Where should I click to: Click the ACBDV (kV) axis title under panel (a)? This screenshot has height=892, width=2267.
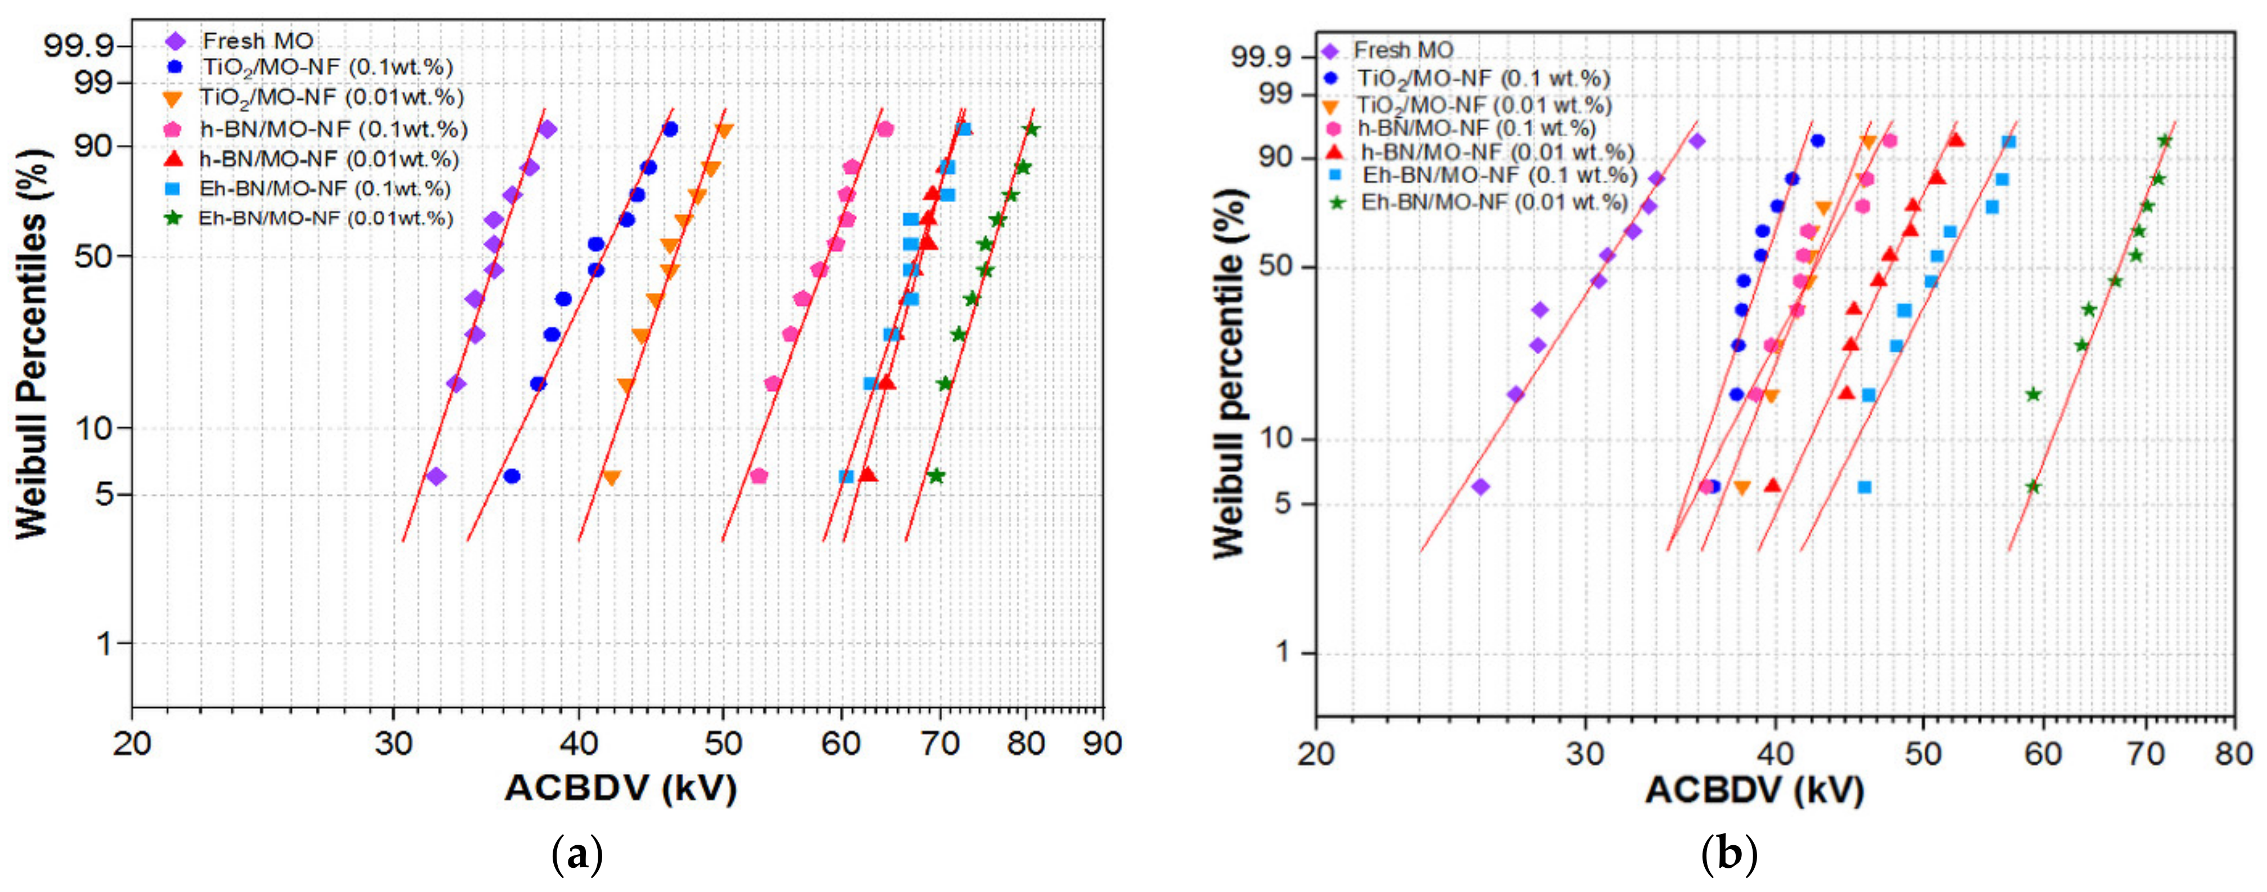click(x=620, y=788)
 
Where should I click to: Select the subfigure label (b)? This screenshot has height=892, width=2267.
click(x=1730, y=854)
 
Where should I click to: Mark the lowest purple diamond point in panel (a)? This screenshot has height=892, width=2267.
click(x=436, y=476)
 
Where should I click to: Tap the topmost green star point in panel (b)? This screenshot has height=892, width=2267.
click(x=2165, y=141)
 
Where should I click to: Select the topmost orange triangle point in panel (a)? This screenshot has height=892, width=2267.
click(x=724, y=130)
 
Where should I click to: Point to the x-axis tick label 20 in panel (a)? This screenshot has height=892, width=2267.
click(x=132, y=744)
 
